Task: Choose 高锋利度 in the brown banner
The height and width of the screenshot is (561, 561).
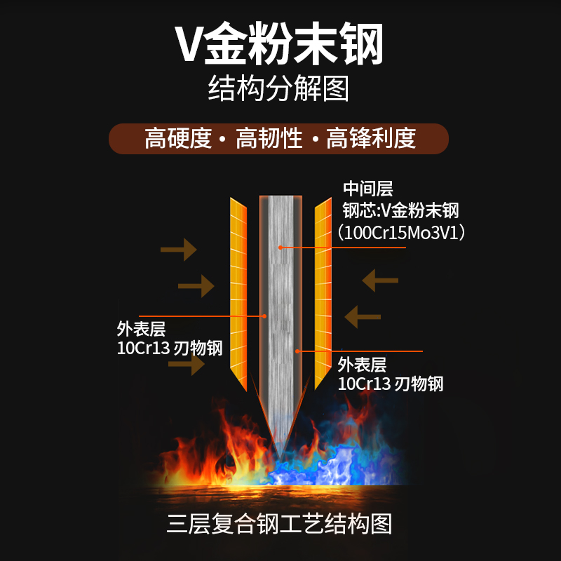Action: click(x=371, y=138)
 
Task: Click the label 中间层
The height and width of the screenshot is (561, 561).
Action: click(x=367, y=189)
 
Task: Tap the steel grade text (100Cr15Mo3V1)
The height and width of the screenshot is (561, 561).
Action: click(x=401, y=232)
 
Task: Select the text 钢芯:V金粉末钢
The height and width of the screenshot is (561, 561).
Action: click(x=400, y=210)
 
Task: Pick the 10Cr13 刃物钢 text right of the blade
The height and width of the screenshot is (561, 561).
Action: click(x=391, y=384)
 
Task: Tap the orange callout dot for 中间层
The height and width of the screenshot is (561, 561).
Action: click(x=280, y=247)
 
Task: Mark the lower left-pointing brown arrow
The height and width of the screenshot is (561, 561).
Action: click(x=363, y=316)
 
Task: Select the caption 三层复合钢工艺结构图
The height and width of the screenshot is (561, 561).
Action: click(x=279, y=524)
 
